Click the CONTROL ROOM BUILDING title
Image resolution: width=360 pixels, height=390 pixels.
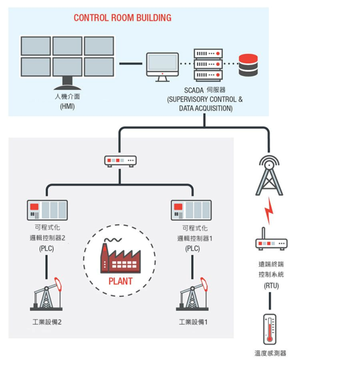click(x=123, y=18)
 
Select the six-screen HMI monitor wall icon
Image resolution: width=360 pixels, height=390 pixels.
click(x=67, y=61)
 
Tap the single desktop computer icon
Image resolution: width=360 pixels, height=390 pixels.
click(x=162, y=66)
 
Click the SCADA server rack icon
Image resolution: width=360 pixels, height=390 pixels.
click(x=208, y=64)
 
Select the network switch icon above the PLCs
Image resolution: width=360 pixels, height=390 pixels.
click(x=120, y=161)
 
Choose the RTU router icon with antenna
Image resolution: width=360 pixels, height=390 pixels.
click(x=271, y=241)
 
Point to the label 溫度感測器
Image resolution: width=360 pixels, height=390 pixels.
click(x=271, y=353)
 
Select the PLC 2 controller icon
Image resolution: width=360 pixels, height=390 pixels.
click(x=47, y=210)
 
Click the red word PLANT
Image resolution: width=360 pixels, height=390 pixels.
click(x=120, y=281)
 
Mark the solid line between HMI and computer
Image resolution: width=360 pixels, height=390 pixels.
click(x=130, y=64)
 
